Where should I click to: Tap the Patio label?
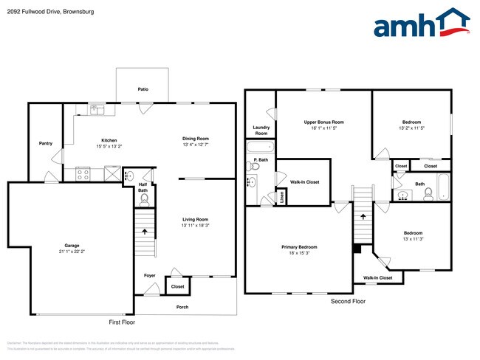[x=143, y=89]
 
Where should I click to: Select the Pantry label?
[x=46, y=143]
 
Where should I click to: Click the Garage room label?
[x=72, y=245]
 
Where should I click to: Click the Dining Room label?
[x=196, y=139]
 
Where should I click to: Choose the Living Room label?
[x=196, y=219]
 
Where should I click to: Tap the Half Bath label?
[x=143, y=187]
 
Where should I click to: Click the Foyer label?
[x=150, y=275]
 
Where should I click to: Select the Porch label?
[x=182, y=307]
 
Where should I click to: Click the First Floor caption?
[x=123, y=322]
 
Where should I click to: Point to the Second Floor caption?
[x=349, y=302]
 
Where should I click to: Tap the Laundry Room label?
[x=261, y=130]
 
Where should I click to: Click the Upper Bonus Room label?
[x=324, y=122]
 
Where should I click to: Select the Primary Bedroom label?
[x=299, y=247]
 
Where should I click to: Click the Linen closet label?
[x=281, y=197]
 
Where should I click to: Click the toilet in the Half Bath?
[x=145, y=199]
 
